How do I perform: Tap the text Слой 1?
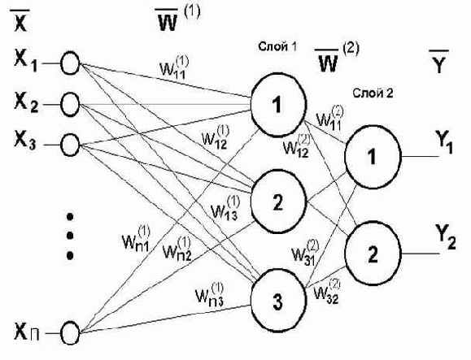point(277,46)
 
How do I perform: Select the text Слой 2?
point(373,93)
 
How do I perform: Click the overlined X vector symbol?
point(20,20)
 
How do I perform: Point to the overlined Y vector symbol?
point(438,62)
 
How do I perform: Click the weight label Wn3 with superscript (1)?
point(210,295)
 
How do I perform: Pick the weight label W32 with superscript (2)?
point(327,291)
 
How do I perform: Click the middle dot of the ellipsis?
point(70,236)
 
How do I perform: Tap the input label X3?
point(25,141)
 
